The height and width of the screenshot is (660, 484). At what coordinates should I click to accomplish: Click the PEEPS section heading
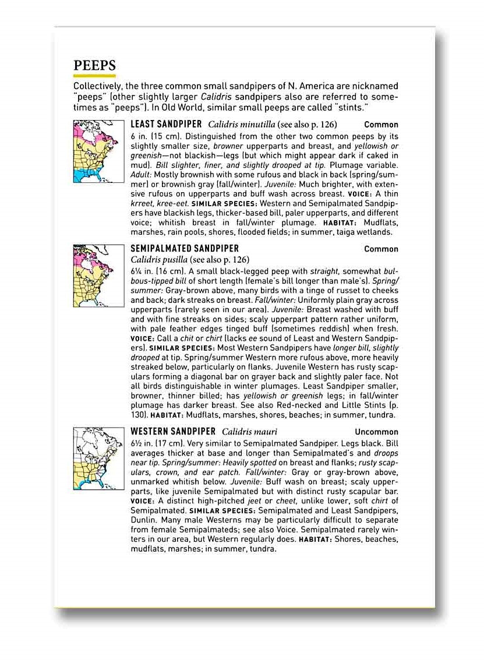[94, 66]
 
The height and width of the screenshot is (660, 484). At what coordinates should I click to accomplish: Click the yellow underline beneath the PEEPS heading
[94, 76]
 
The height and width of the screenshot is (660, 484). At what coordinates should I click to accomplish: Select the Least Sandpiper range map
[98, 151]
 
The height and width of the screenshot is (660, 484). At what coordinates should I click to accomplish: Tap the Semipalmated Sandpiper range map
[98, 276]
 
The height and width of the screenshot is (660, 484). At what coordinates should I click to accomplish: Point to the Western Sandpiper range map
[98, 458]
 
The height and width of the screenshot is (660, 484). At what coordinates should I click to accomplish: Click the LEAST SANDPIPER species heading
[166, 124]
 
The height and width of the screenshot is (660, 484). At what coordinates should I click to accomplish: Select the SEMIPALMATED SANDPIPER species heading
[185, 249]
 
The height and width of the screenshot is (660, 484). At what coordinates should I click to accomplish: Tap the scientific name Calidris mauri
[249, 432]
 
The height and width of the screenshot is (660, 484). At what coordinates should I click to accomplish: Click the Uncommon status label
[376, 432]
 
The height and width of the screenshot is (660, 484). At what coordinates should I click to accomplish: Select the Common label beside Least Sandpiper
[381, 125]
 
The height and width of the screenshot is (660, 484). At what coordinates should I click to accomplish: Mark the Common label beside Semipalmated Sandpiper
[381, 249]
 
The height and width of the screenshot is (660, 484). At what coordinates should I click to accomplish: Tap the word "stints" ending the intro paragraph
[354, 108]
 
